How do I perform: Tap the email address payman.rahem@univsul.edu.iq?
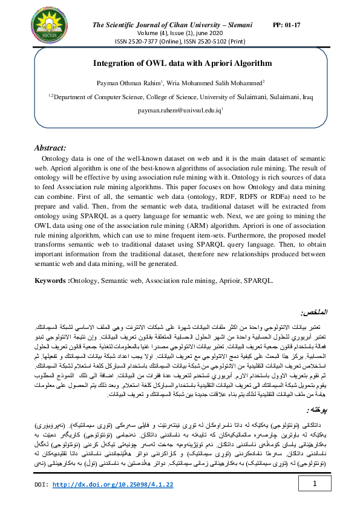(x=180, y=111)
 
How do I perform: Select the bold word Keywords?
(x=51, y=281)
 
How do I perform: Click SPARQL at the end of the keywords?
(x=257, y=281)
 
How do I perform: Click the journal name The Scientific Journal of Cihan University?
(x=168, y=25)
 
